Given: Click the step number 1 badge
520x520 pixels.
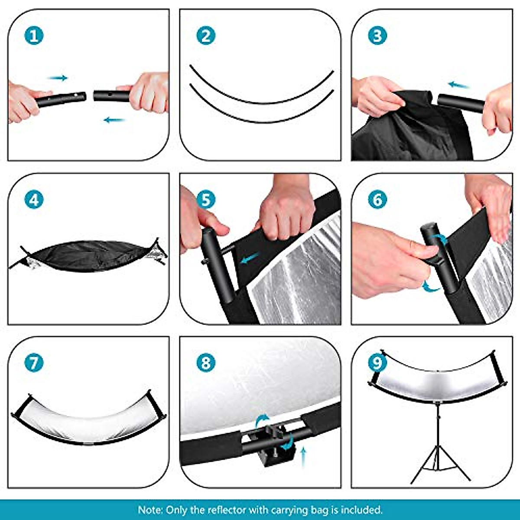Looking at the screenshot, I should click(34, 35).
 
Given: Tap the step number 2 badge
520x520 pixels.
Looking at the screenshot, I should click(205, 35).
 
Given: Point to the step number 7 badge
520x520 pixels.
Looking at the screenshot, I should click(34, 363).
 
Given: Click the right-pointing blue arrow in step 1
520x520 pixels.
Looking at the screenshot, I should click(58, 78).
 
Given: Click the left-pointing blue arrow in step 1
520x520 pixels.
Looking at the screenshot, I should click(114, 120).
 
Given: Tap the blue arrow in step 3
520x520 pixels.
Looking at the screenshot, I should click(459, 84).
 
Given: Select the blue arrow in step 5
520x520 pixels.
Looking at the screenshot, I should click(250, 259).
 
